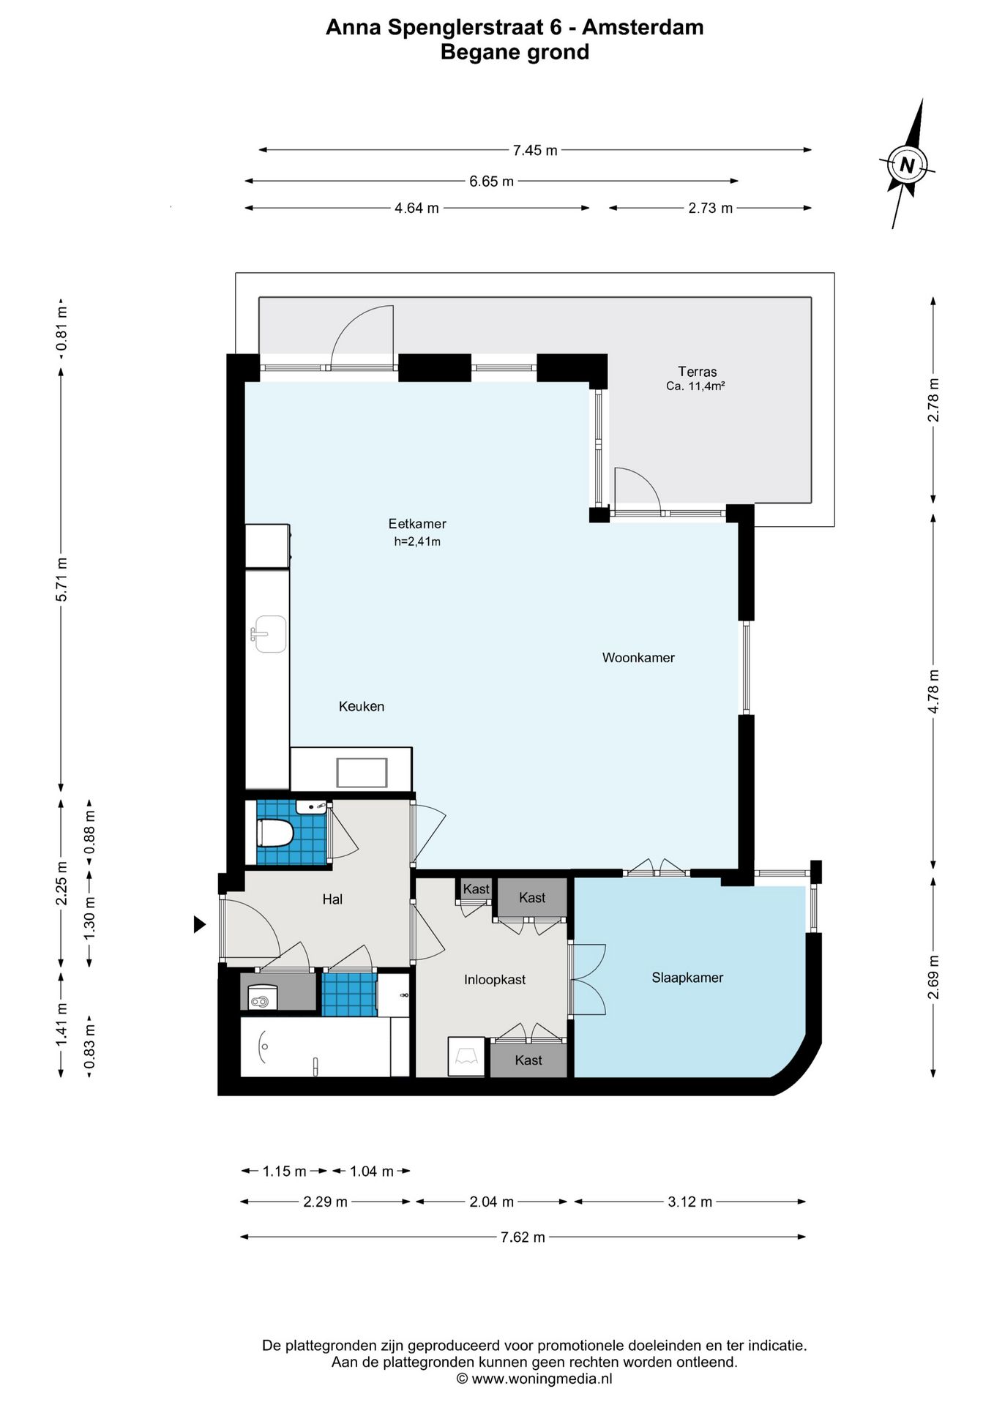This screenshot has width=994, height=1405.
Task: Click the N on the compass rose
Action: click(x=907, y=165)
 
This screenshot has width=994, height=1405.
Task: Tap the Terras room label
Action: click(x=697, y=371)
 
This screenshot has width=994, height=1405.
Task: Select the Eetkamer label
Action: click(x=417, y=524)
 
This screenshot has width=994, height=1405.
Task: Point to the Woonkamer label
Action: click(x=638, y=658)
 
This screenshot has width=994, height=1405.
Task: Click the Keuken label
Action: click(x=362, y=706)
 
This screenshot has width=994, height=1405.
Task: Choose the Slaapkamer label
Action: click(x=687, y=978)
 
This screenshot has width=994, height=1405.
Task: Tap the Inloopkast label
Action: click(x=495, y=980)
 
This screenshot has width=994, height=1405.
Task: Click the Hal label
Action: click(x=332, y=899)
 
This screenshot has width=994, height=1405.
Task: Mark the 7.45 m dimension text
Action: click(x=535, y=150)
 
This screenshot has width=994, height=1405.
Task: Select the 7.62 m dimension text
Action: click(x=523, y=1237)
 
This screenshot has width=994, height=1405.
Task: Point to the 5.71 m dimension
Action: click(x=61, y=580)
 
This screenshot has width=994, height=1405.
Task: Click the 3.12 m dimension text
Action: click(x=690, y=1202)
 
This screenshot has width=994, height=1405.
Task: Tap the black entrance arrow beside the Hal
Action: click(x=199, y=924)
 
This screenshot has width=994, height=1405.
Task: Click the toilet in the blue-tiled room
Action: click(x=275, y=833)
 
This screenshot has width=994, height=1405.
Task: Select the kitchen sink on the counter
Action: click(x=269, y=634)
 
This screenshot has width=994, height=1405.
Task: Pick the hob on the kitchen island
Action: click(x=362, y=773)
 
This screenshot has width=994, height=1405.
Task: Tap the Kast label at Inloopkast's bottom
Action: click(x=528, y=1060)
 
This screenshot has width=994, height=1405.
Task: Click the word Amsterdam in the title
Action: click(x=643, y=27)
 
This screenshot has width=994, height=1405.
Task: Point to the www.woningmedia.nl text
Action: click(x=542, y=1379)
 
